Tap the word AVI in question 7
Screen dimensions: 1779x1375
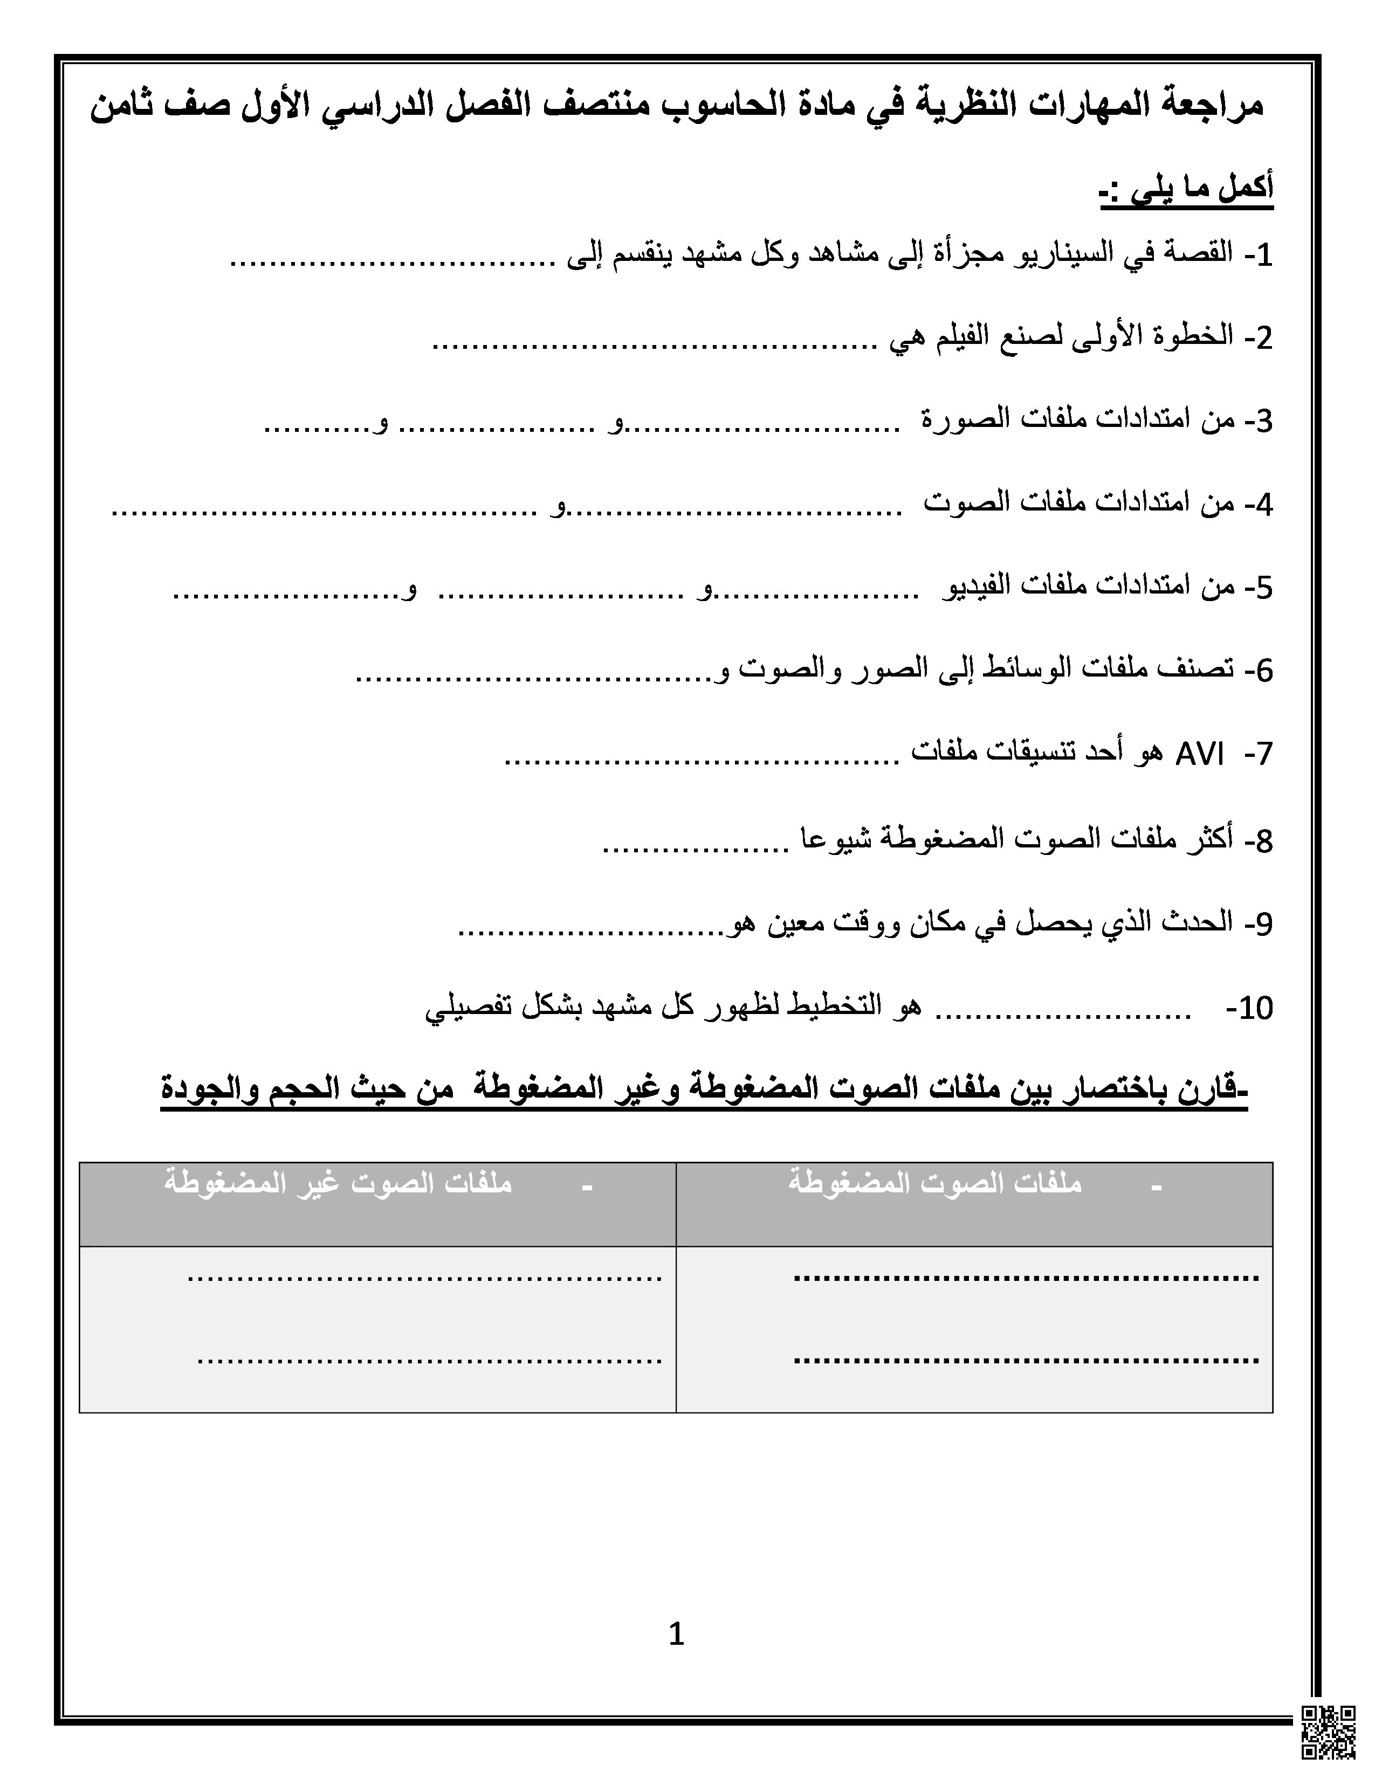(x=1199, y=755)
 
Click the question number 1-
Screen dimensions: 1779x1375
(x=1259, y=256)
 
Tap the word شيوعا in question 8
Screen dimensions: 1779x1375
(x=839, y=839)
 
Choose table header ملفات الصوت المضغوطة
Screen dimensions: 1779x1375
(x=934, y=1183)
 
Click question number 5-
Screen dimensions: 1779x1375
(x=1259, y=587)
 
